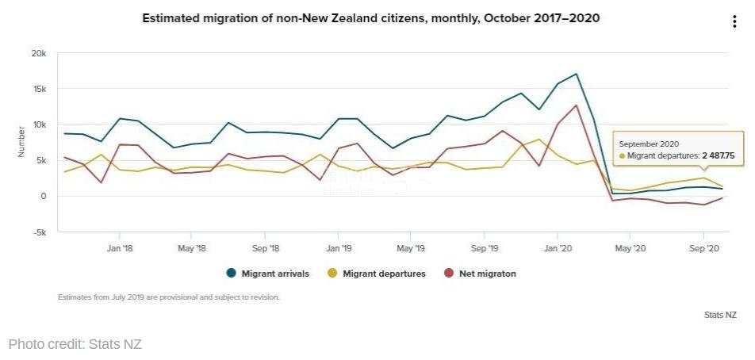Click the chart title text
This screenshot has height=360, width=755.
(370, 17)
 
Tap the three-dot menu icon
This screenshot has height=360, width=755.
(734, 22)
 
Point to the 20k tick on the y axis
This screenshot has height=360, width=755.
(40, 53)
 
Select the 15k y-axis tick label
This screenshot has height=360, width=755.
(40, 89)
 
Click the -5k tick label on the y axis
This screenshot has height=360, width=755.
(40, 232)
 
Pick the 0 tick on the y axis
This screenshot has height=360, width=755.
(44, 196)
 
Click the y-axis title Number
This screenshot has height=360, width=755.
(21, 142)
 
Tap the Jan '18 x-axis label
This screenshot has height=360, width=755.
(119, 248)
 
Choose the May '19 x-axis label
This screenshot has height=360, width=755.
(411, 248)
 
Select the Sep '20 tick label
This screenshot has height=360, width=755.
(703, 248)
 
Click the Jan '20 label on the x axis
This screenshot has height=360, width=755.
(557, 248)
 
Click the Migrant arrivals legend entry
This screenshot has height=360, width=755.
(267, 274)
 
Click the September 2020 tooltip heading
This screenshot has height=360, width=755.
(648, 144)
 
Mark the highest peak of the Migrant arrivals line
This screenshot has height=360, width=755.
(576, 75)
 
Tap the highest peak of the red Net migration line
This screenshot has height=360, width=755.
(576, 105)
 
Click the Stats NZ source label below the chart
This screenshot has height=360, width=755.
(720, 315)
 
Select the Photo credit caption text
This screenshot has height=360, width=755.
(75, 344)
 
